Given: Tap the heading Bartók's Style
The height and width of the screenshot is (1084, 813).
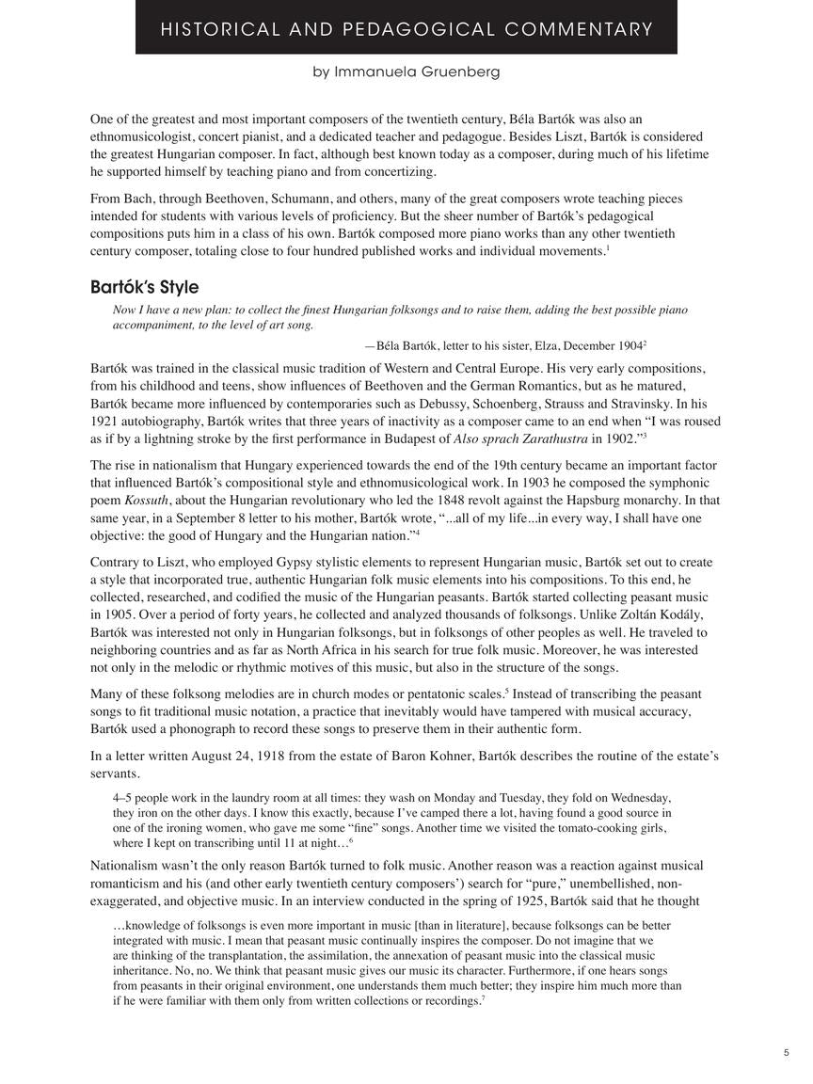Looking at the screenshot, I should coord(144,287).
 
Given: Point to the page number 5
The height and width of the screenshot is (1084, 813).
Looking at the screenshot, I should coord(786,1054).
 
